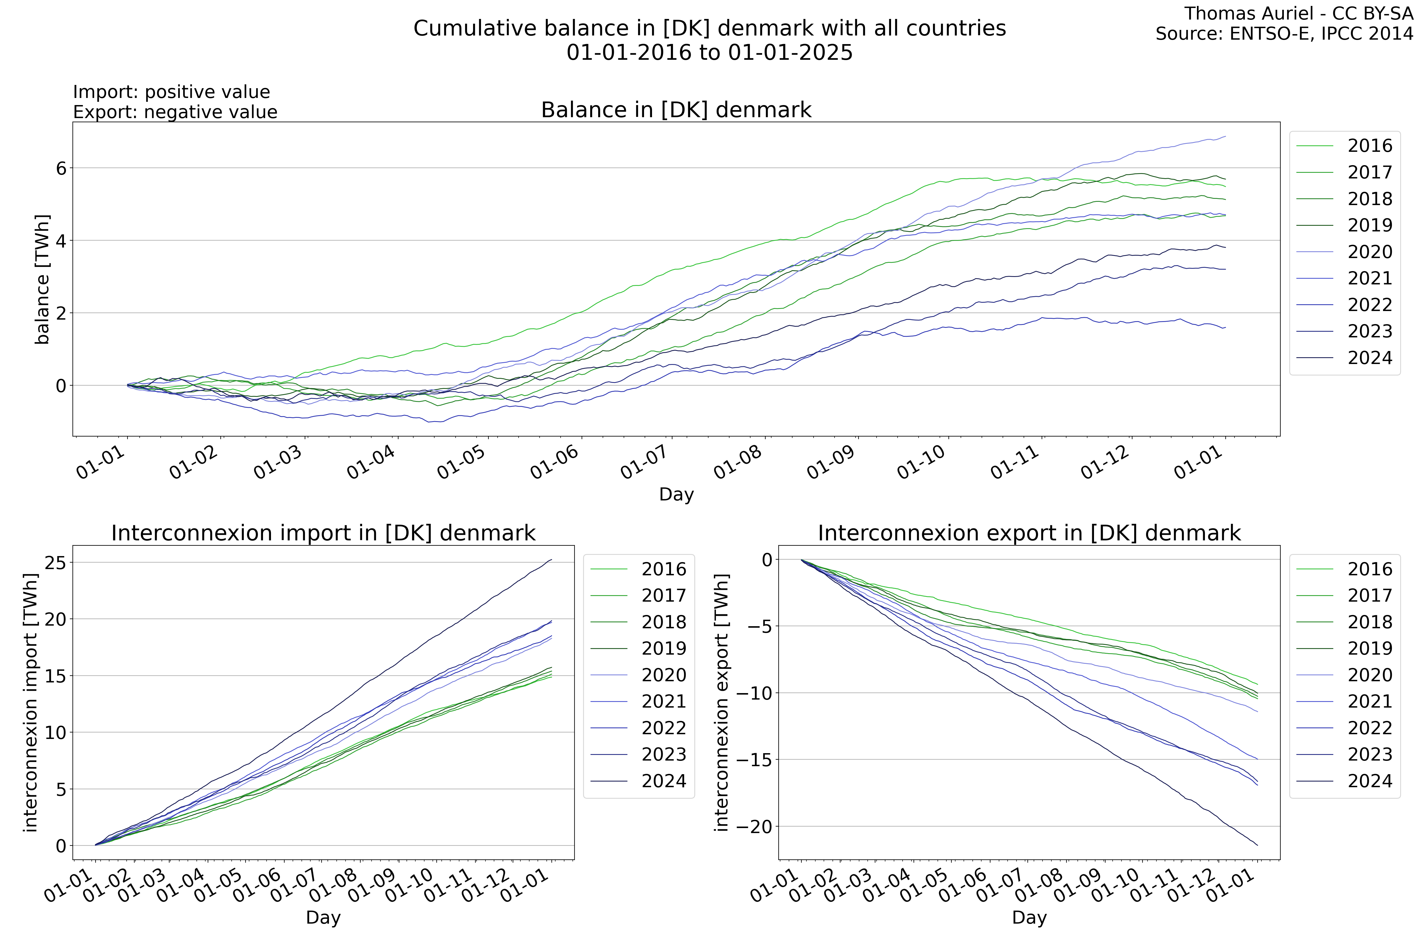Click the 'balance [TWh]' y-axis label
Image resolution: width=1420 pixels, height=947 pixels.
pyautogui.click(x=42, y=279)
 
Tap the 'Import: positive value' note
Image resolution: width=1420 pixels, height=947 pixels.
pyautogui.click(x=172, y=92)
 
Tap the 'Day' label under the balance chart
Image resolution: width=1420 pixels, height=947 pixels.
pyautogui.click(x=676, y=494)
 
